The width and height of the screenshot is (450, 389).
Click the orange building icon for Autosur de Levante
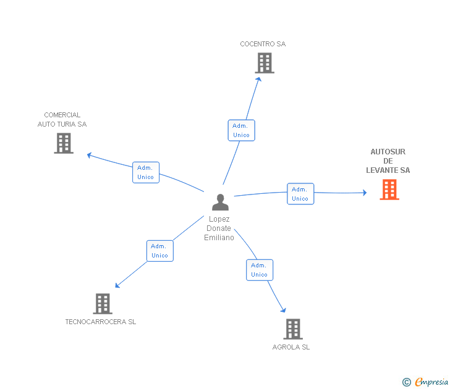(389, 190)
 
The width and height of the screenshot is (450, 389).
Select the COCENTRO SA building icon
(264, 63)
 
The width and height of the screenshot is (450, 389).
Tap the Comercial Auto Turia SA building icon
(64, 143)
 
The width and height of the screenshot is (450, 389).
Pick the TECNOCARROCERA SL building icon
(103, 304)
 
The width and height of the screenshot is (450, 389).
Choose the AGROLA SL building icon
(292, 329)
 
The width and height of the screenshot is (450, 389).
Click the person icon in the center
(220, 202)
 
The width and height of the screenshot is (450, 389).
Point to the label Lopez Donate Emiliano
(219, 228)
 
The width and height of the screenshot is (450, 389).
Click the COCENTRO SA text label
(263, 44)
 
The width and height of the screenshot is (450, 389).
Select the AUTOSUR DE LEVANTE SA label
(388, 161)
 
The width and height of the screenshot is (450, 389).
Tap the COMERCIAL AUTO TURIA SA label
(62, 119)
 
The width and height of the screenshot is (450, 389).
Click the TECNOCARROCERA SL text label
(101, 322)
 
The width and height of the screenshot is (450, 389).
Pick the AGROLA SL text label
(291, 347)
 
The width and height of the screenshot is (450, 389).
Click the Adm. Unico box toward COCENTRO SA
(241, 130)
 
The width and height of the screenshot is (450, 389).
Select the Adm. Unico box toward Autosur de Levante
(300, 194)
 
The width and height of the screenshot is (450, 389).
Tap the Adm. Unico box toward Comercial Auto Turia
(146, 172)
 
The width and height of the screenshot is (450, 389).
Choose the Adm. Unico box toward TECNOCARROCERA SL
(160, 251)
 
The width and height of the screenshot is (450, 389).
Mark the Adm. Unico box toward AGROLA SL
(260, 270)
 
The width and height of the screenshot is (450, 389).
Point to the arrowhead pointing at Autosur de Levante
(364, 193)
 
